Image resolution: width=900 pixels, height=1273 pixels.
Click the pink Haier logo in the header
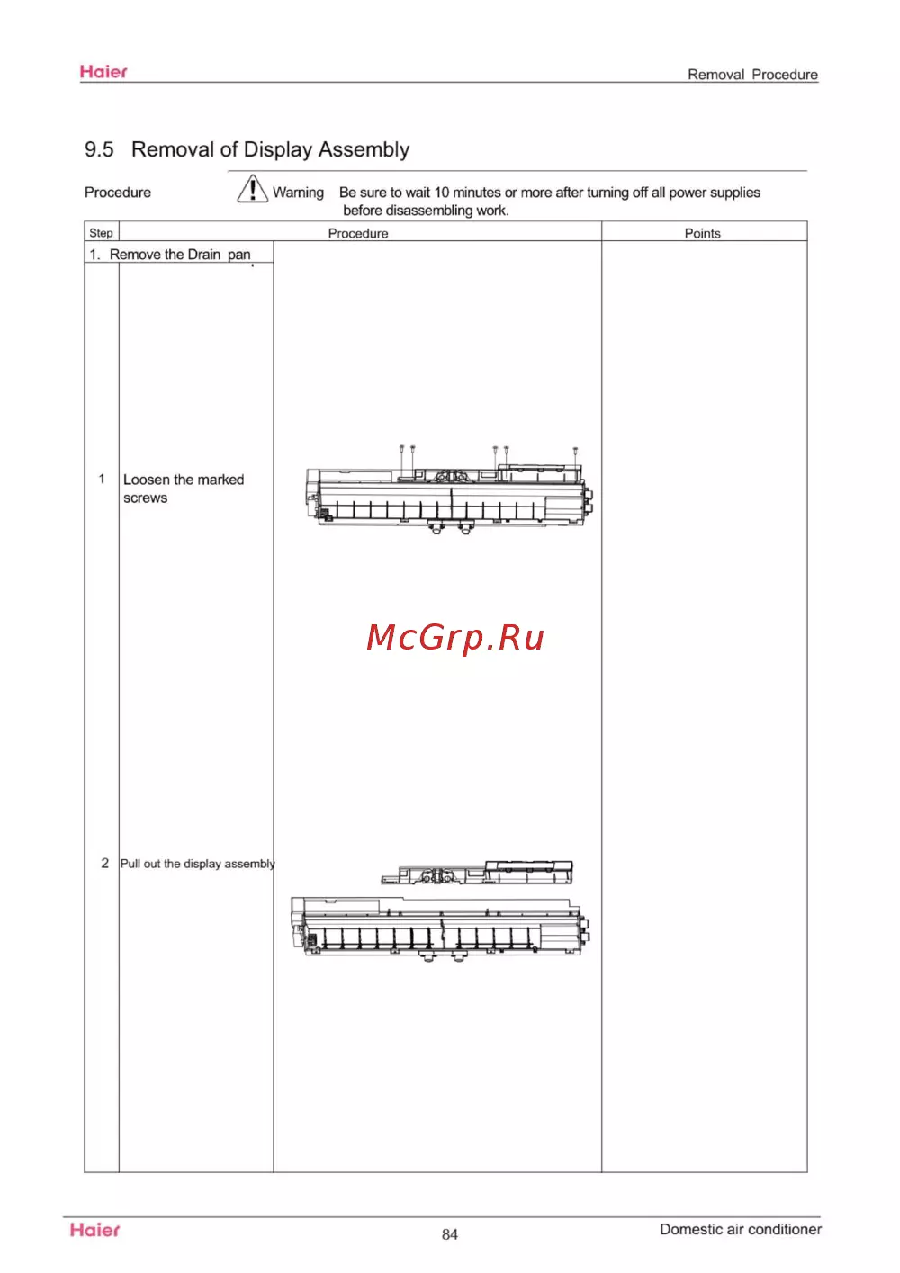(103, 72)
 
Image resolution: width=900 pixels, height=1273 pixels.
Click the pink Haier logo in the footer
(94, 1231)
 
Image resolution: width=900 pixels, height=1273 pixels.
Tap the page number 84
(450, 1234)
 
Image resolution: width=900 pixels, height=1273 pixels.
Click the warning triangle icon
(252, 189)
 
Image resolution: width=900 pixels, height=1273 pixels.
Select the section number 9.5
(99, 149)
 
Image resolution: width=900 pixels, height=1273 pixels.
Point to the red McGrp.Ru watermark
(455, 637)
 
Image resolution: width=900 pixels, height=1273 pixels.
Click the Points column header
(702, 233)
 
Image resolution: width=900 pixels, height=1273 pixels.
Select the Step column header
(101, 233)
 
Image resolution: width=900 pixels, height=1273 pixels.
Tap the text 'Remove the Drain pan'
(180, 255)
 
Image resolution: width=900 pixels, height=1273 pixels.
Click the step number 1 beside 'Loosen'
(102, 479)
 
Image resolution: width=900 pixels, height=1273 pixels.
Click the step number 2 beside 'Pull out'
(104, 863)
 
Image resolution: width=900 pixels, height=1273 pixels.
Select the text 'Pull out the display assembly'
(197, 864)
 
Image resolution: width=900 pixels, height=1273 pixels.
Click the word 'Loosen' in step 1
(147, 480)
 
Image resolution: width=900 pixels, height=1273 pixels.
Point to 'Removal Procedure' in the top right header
(752, 75)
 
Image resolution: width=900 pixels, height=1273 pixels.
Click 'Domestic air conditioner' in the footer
(740, 1229)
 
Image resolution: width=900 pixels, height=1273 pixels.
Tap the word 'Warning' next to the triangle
(298, 193)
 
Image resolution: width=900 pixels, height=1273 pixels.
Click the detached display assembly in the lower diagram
(477, 872)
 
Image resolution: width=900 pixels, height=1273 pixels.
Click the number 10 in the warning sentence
(442, 193)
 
